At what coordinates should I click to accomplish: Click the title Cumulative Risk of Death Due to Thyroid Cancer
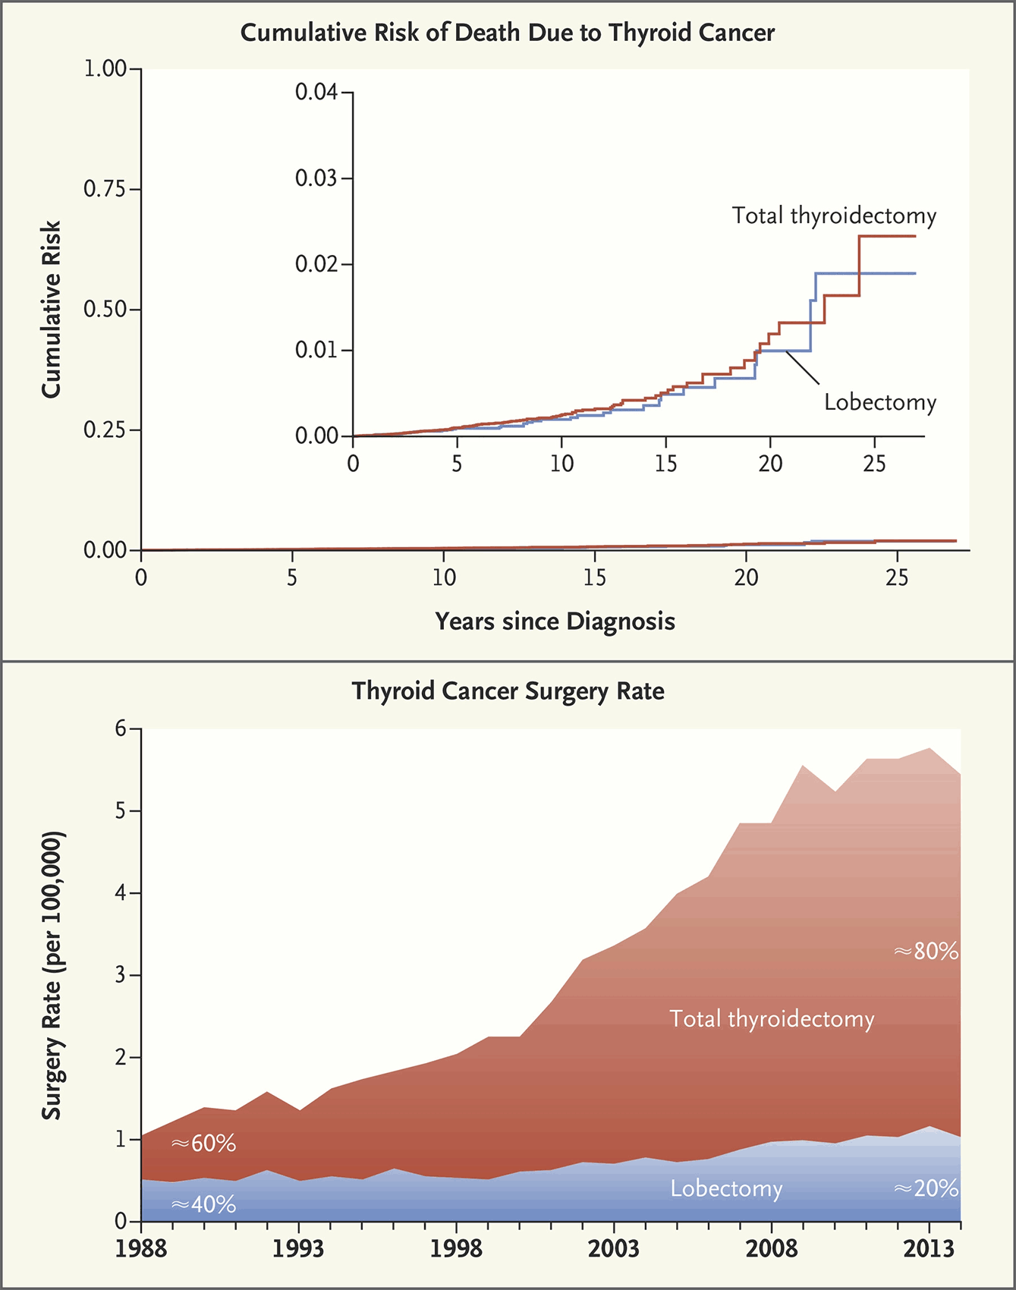point(508,33)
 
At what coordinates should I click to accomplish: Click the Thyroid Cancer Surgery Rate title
point(508,691)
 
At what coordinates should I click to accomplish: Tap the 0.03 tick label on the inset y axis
point(316,178)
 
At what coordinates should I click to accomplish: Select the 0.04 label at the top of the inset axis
point(316,93)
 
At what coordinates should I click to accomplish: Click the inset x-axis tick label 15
point(665,464)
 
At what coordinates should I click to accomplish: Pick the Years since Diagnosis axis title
point(555,621)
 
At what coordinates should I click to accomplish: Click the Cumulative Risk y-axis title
point(51,310)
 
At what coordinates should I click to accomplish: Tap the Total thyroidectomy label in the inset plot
point(834,216)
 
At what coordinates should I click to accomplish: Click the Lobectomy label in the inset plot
point(880,402)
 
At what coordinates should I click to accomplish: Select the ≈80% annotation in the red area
point(926,951)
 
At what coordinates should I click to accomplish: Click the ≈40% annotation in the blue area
point(203,1204)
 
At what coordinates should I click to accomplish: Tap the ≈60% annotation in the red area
point(203,1143)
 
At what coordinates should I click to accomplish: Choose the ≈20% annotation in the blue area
point(926,1188)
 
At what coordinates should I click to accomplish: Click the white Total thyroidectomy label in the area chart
point(771,1018)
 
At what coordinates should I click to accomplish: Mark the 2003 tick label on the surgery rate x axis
point(613,1249)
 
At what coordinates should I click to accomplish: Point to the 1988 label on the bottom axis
point(141,1249)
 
